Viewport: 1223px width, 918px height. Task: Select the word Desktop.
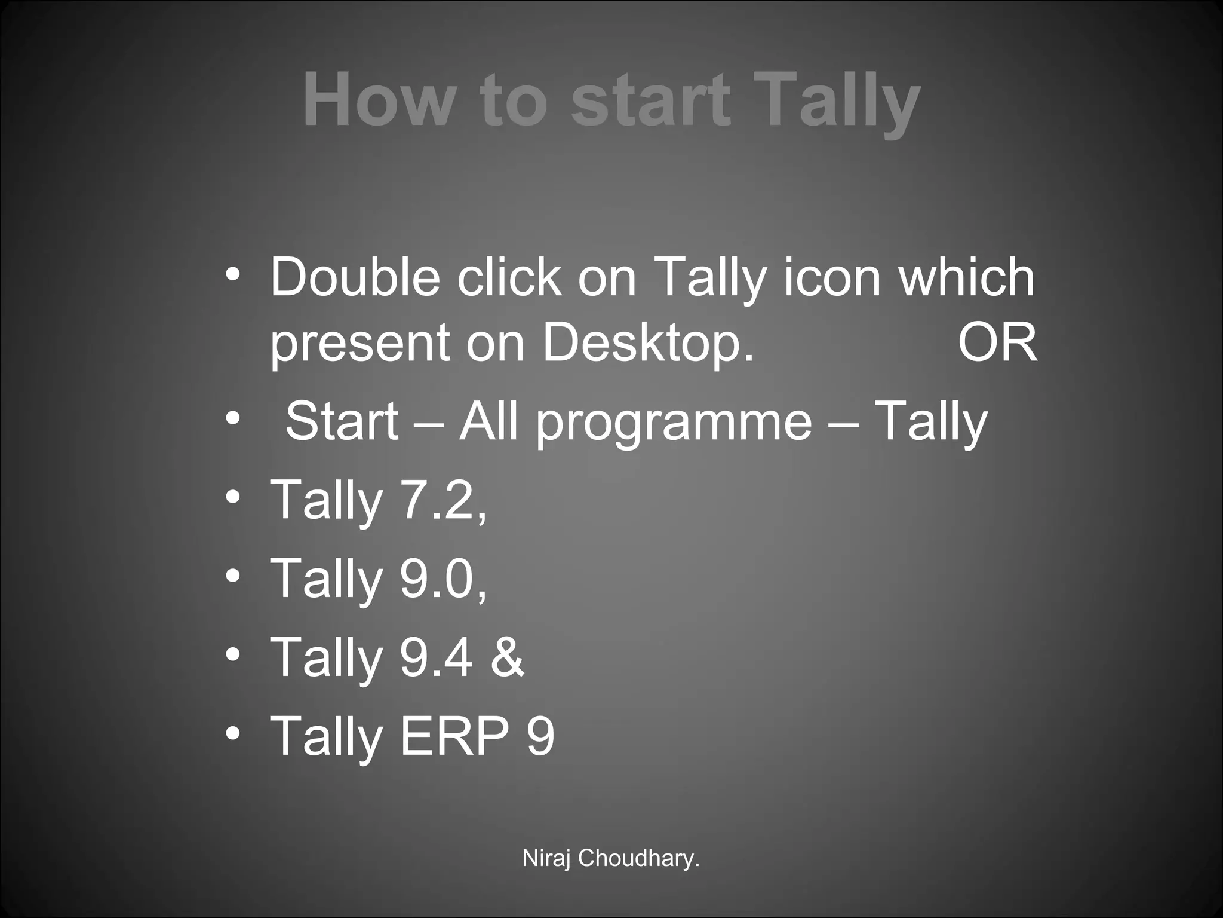[x=648, y=343]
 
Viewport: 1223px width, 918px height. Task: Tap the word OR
[x=998, y=343]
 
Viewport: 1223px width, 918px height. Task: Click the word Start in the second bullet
[x=342, y=421]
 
